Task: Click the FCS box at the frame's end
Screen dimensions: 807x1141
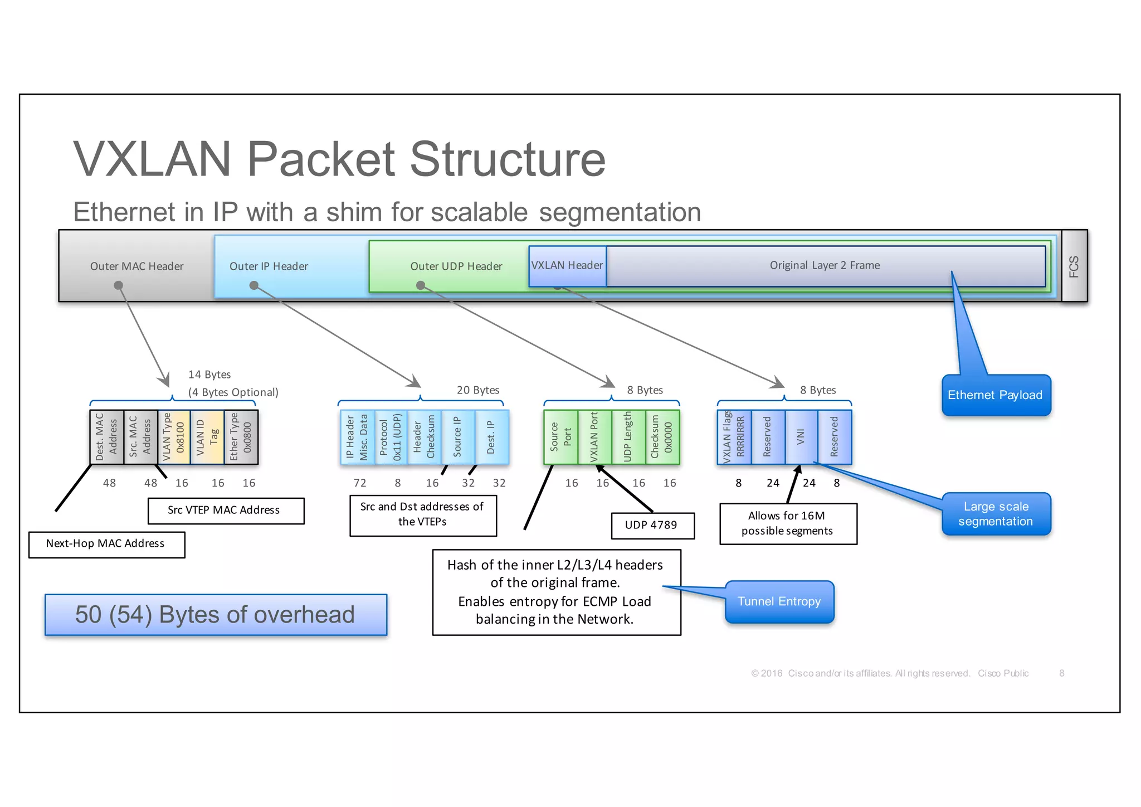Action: (1074, 266)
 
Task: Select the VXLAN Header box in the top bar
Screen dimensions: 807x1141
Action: (567, 266)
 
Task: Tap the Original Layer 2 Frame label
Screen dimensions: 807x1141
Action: (825, 265)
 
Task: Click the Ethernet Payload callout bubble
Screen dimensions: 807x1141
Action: (995, 395)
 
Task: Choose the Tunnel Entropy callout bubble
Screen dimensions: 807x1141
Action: (779, 601)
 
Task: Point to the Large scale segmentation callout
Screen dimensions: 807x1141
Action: (996, 514)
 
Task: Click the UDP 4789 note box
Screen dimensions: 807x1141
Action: (652, 526)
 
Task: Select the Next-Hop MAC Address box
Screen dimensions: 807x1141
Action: (106, 544)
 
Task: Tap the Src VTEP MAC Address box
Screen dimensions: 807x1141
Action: (225, 511)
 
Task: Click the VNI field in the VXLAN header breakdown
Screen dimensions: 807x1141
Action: (801, 437)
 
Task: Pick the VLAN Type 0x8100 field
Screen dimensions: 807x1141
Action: (173, 437)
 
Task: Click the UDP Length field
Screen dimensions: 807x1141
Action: (628, 437)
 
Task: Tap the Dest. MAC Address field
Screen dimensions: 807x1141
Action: (106, 437)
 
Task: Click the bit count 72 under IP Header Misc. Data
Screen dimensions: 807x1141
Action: (360, 483)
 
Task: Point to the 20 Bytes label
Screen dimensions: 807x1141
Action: (478, 390)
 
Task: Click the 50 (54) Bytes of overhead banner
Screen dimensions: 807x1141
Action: (216, 615)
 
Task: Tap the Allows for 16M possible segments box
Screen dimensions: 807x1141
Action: (788, 523)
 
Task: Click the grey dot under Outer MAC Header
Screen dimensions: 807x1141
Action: (118, 285)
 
